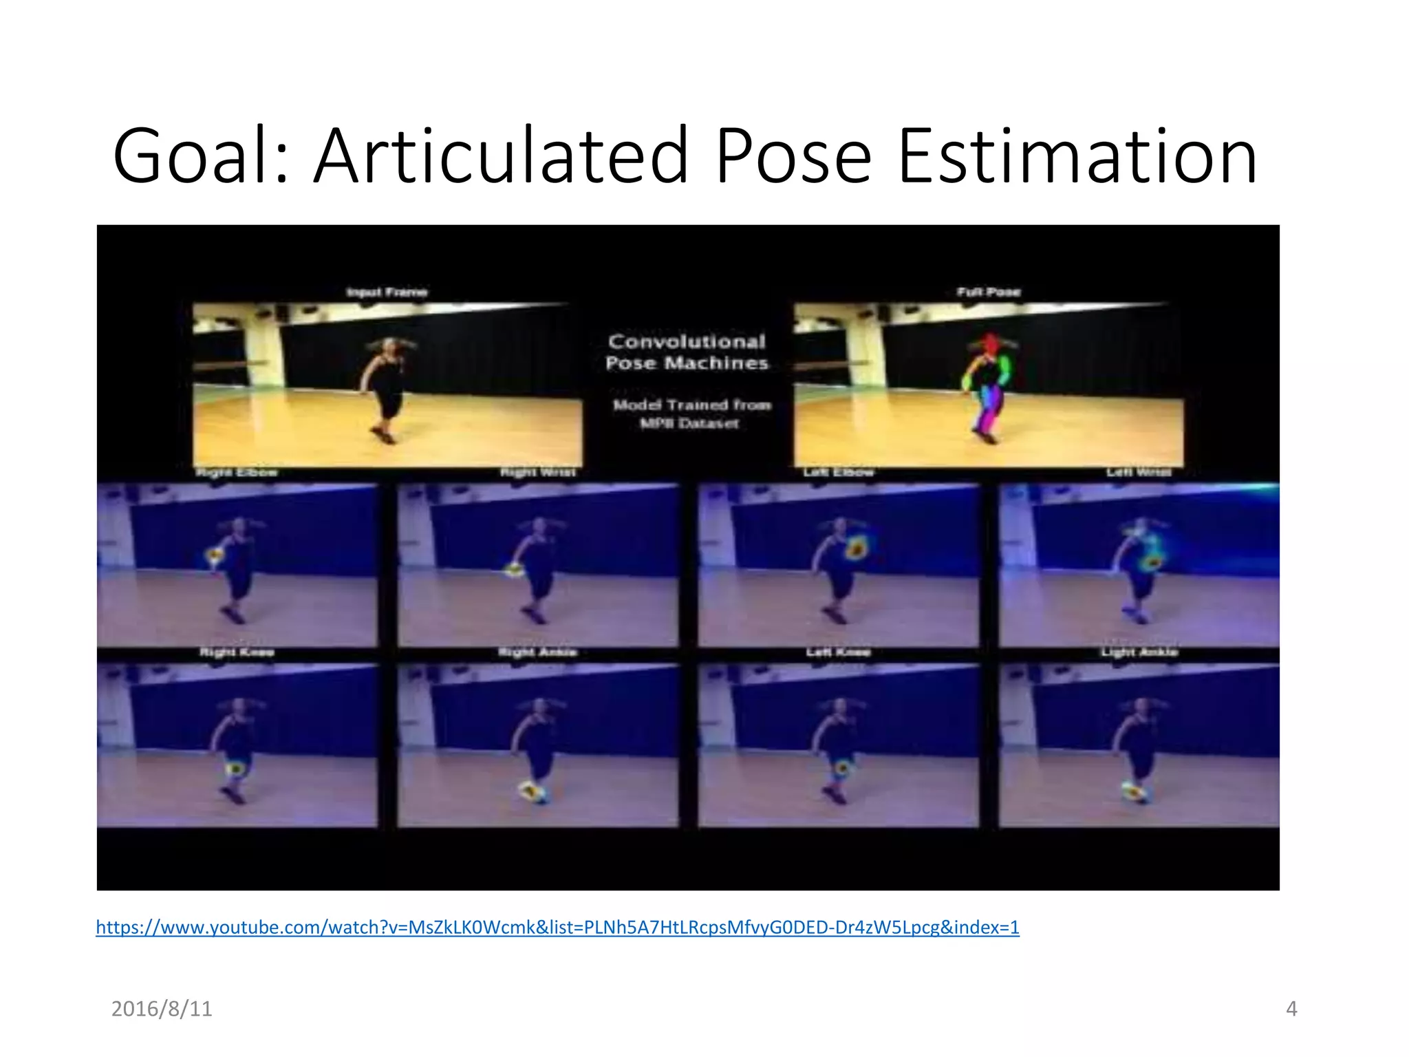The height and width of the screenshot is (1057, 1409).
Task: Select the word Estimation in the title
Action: coord(1077,156)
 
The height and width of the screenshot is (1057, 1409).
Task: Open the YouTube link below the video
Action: coord(557,927)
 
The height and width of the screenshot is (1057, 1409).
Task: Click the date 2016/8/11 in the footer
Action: coord(162,1009)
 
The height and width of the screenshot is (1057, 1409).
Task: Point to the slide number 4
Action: coord(1291,1009)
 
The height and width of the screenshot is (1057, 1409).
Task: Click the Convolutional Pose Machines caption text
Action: coord(687,352)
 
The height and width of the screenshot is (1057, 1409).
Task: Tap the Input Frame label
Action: coord(387,292)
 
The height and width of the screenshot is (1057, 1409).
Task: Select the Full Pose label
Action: coord(989,292)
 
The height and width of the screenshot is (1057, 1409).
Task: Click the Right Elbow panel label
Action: coord(237,472)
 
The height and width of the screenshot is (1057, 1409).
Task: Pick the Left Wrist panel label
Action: coord(1138,472)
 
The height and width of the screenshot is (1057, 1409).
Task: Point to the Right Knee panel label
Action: coord(237,652)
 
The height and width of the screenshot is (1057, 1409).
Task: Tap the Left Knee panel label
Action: coord(838,652)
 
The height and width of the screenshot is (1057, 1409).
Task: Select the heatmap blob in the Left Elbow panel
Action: coord(857,548)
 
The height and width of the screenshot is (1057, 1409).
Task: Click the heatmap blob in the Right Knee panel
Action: coord(236,767)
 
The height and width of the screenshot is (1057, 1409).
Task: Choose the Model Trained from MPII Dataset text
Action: coord(691,414)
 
